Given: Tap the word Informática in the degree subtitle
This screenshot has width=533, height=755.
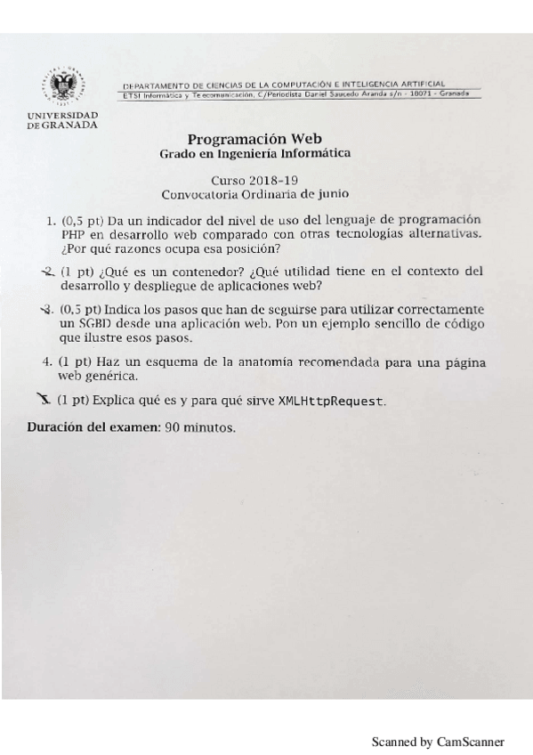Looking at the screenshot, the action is coord(315,153).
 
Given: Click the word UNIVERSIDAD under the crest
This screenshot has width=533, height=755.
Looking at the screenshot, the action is coord(63,116).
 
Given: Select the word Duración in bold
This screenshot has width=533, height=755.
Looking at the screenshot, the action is coord(54,427).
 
